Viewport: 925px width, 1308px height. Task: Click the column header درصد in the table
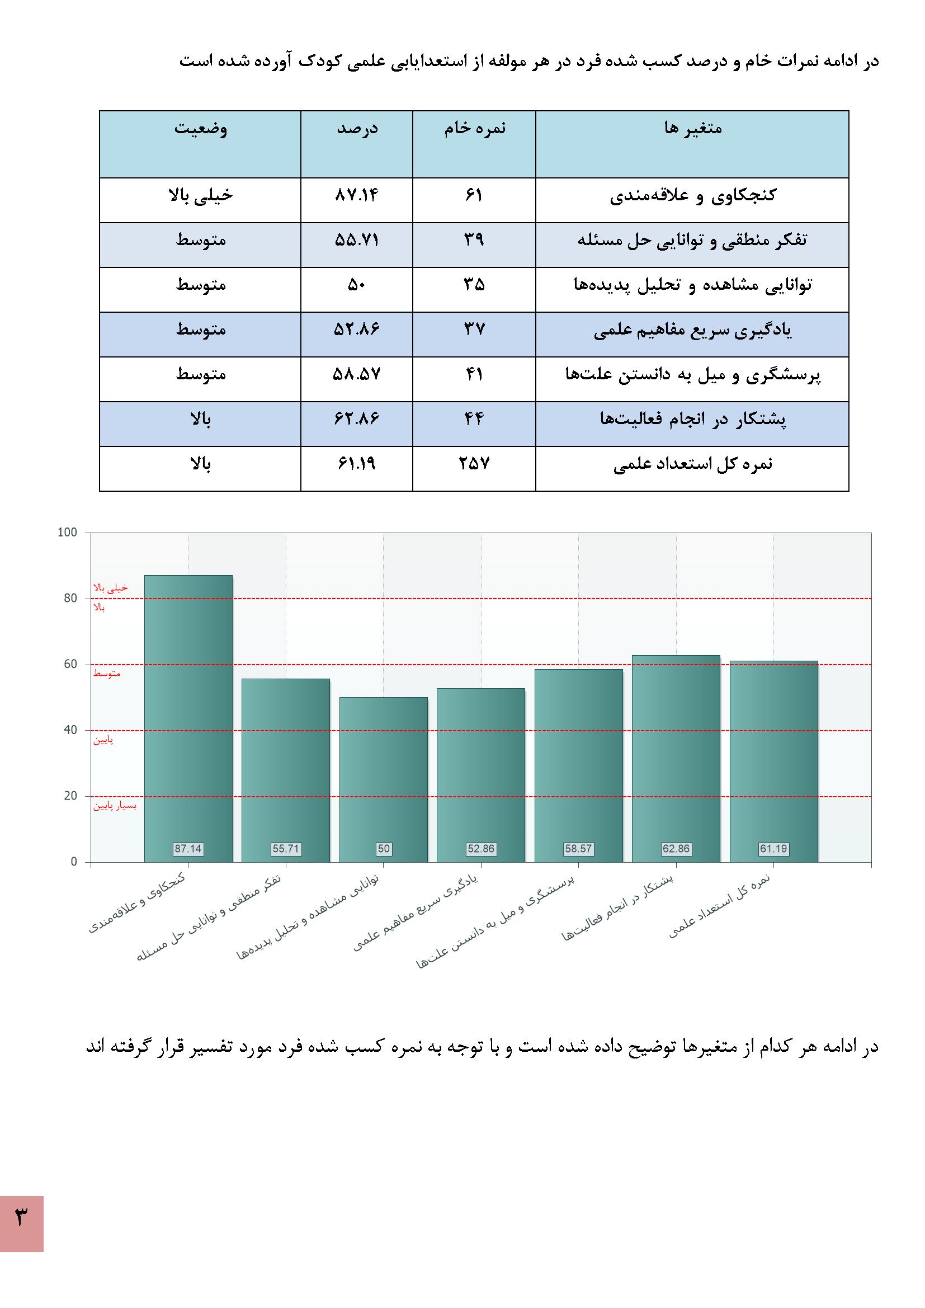click(357, 128)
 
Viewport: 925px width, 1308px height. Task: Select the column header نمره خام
click(474, 128)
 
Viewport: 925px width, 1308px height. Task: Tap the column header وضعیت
click(201, 128)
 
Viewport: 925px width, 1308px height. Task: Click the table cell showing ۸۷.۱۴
click(357, 195)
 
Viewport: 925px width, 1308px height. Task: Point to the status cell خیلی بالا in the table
click(201, 195)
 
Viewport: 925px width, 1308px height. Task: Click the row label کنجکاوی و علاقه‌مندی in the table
click(692, 196)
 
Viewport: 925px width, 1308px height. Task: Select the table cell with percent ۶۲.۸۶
click(357, 419)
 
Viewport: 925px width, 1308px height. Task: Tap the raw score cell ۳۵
click(474, 285)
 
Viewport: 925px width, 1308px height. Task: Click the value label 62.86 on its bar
click(676, 849)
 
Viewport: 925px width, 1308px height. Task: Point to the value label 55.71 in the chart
click(285, 849)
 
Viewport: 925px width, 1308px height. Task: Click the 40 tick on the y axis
click(70, 730)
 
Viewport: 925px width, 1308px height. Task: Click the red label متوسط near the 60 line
click(106, 674)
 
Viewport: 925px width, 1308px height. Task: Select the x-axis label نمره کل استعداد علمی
click(720, 907)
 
